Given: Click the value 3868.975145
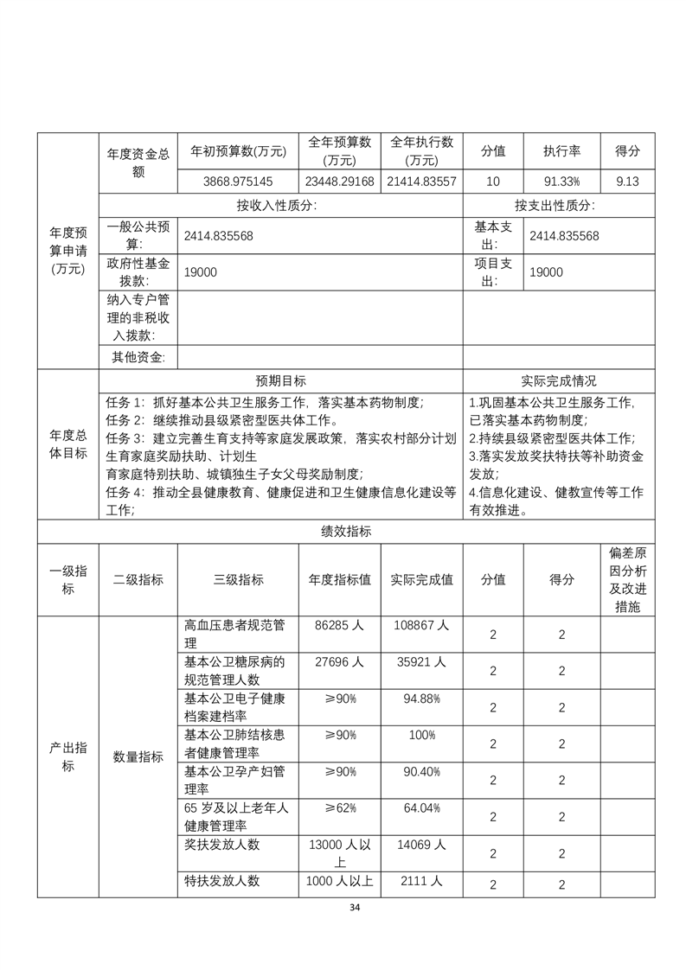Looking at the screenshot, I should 238,182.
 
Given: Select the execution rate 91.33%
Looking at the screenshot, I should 561,182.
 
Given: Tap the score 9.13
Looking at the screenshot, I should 627,182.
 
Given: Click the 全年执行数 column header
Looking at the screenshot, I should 422,150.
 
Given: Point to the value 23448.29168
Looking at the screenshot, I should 339,182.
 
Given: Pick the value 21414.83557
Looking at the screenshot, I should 422,182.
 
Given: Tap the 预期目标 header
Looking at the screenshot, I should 280,381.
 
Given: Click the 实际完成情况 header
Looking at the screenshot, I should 559,381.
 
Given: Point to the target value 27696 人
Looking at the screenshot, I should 339,661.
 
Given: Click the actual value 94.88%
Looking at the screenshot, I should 421,699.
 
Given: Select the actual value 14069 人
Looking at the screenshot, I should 421,845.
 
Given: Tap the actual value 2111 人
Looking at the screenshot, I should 421,881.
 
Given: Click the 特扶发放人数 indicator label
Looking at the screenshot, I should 222,882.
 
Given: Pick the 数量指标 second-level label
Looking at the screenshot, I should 138,756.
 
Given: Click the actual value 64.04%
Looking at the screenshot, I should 421,807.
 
